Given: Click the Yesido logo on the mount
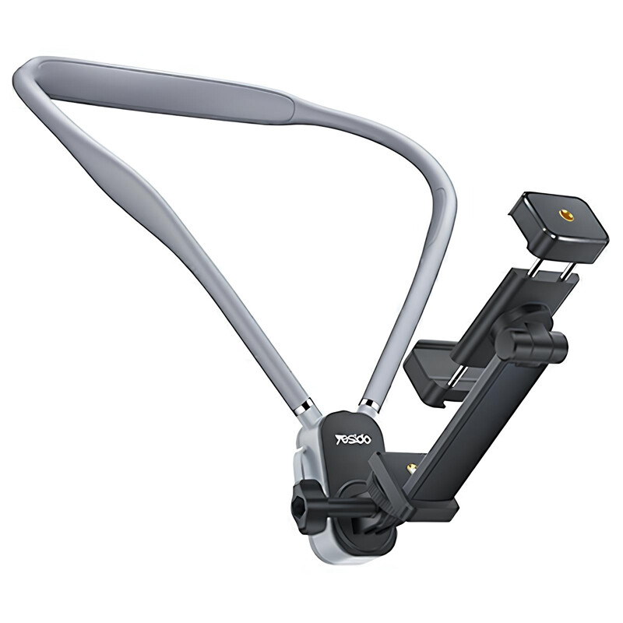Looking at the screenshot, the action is click(x=353, y=439).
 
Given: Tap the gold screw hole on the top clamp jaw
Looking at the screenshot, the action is click(x=564, y=216).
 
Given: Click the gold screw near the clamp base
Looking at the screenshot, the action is click(x=413, y=468).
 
